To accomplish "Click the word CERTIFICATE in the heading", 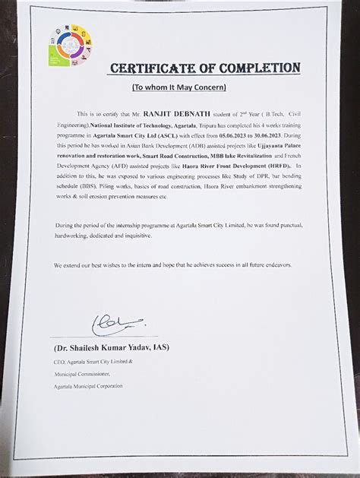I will (154, 68).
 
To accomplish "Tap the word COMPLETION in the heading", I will (258, 68).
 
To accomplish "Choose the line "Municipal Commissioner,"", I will (84, 375).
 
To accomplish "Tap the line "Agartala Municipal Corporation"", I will (89, 386).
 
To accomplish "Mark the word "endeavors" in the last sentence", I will (287, 264).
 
